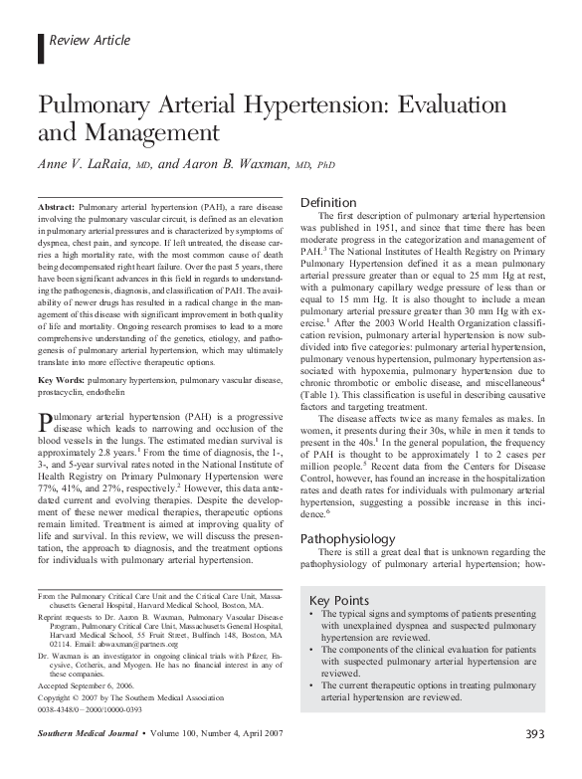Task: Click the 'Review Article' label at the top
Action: click(84, 41)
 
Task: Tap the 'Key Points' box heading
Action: click(337, 601)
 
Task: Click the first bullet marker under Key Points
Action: click(315, 618)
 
